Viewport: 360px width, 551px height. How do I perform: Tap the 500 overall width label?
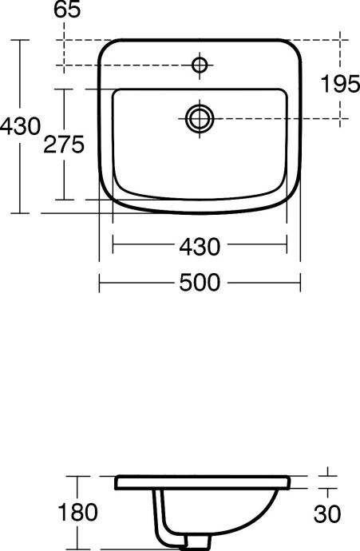coord(198,281)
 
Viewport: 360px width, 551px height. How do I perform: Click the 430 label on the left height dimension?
coord(19,125)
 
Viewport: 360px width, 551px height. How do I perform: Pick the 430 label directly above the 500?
coord(198,248)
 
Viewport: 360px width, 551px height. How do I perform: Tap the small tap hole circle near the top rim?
coord(199,64)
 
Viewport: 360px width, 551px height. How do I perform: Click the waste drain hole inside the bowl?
coord(199,118)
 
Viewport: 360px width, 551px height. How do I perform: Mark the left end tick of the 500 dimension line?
coord(99,281)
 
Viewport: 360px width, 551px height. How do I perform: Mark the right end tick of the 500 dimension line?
coord(300,281)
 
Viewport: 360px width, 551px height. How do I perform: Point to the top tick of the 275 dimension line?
coord(65,90)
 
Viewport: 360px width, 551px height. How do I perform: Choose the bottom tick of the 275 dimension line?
coord(65,200)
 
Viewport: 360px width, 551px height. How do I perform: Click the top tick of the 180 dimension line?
coord(77,477)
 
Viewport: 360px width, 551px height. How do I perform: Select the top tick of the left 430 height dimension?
coord(19,40)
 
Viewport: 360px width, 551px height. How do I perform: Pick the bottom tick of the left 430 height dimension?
coord(19,213)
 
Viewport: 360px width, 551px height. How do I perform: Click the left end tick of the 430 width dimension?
coord(113,248)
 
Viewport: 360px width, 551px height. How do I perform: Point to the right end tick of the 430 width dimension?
coord(286,248)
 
